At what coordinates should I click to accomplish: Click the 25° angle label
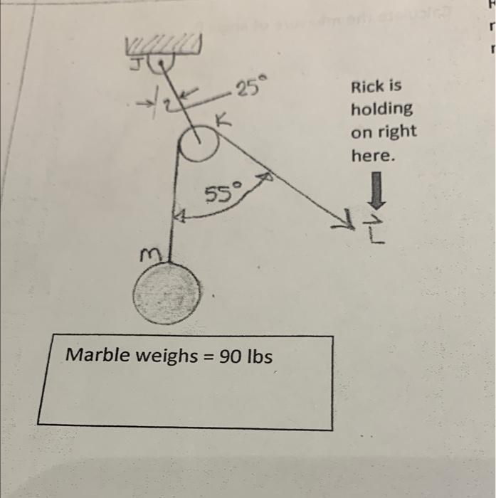click(249, 89)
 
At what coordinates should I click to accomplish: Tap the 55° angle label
click(223, 192)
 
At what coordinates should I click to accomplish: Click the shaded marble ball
click(166, 292)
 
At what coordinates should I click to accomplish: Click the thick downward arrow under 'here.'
click(376, 191)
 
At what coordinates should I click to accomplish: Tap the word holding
click(381, 110)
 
